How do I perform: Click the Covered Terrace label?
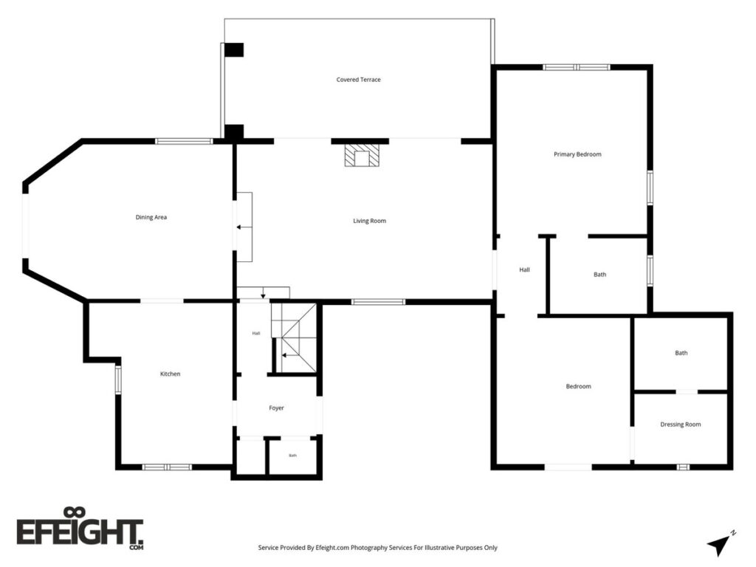[358, 80]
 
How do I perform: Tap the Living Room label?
[369, 221]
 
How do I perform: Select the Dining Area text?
[151, 218]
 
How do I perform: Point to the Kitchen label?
[171, 374]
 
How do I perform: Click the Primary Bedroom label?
[577, 154]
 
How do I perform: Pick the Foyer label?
[276, 408]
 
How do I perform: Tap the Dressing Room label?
[680, 425]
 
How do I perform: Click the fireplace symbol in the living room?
[362, 155]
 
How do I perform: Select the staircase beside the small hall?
[294, 337]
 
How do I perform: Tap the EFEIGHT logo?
[80, 529]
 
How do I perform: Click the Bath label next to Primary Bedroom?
[599, 275]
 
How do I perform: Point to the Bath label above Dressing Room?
[681, 353]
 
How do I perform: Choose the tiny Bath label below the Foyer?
[292, 455]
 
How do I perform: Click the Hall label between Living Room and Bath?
[525, 269]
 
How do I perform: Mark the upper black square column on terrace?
[234, 49]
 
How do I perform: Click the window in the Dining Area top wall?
[184, 141]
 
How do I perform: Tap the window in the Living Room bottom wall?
[378, 302]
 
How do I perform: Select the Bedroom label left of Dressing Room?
[578, 386]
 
